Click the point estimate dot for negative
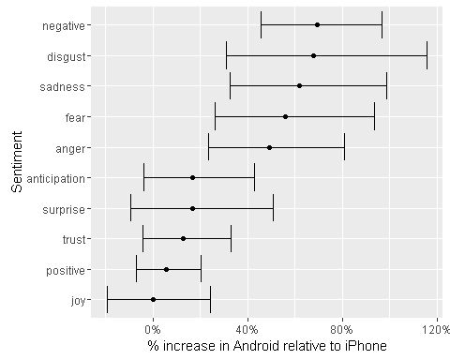317,25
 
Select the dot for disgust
313,55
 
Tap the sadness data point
299,86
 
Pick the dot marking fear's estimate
285,117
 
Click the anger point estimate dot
269,147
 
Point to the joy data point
153,299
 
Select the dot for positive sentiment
166,269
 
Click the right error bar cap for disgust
427,55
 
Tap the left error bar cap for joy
107,299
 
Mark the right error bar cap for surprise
274,208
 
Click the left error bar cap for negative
262,25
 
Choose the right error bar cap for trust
231,238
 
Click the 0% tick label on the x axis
153,330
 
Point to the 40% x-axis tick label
247,330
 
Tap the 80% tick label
342,330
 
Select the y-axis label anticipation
56,179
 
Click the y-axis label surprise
64,210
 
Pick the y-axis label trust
74,240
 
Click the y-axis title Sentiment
17,161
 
